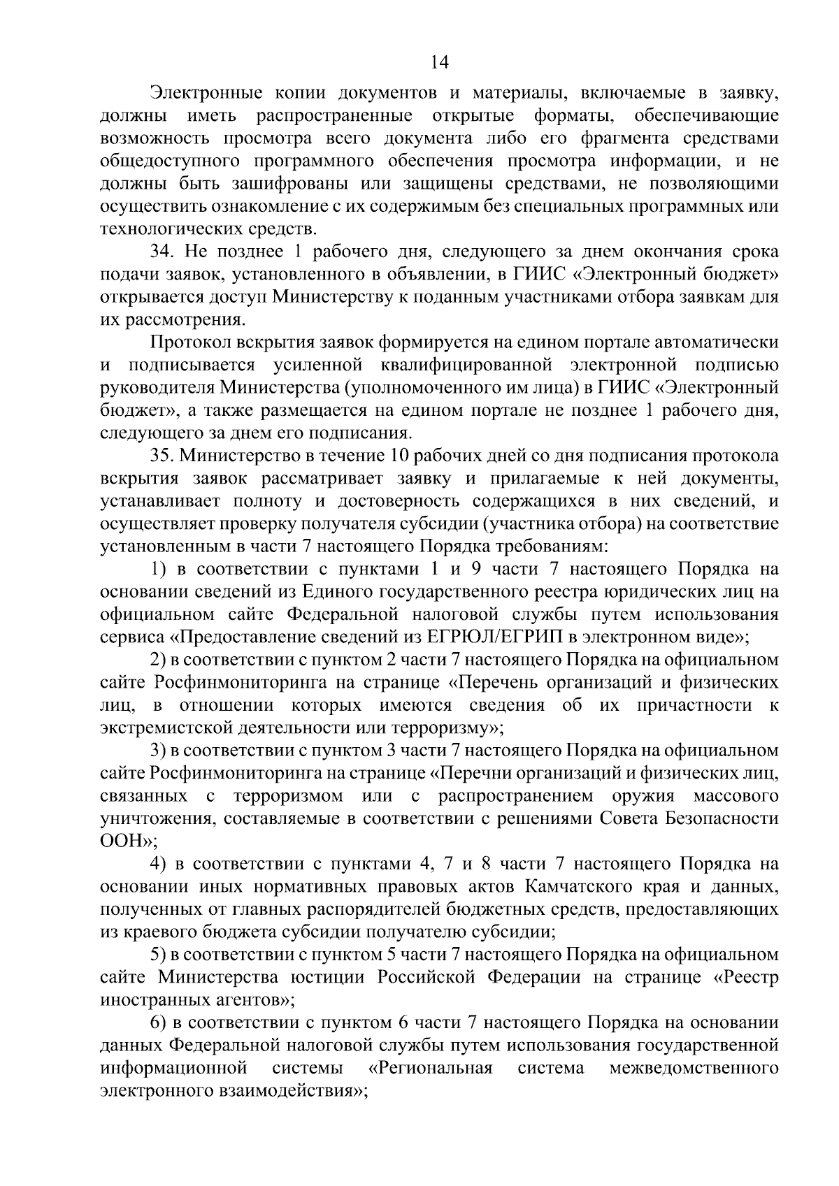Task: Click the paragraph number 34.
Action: [x=162, y=252]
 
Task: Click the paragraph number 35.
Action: [x=162, y=456]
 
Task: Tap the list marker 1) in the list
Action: [x=159, y=570]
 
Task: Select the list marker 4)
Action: [x=159, y=865]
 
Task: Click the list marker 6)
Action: [x=159, y=1023]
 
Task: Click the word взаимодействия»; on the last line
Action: [x=289, y=1091]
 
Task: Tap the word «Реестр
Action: [x=745, y=978]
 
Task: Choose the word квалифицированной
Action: [x=467, y=365]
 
